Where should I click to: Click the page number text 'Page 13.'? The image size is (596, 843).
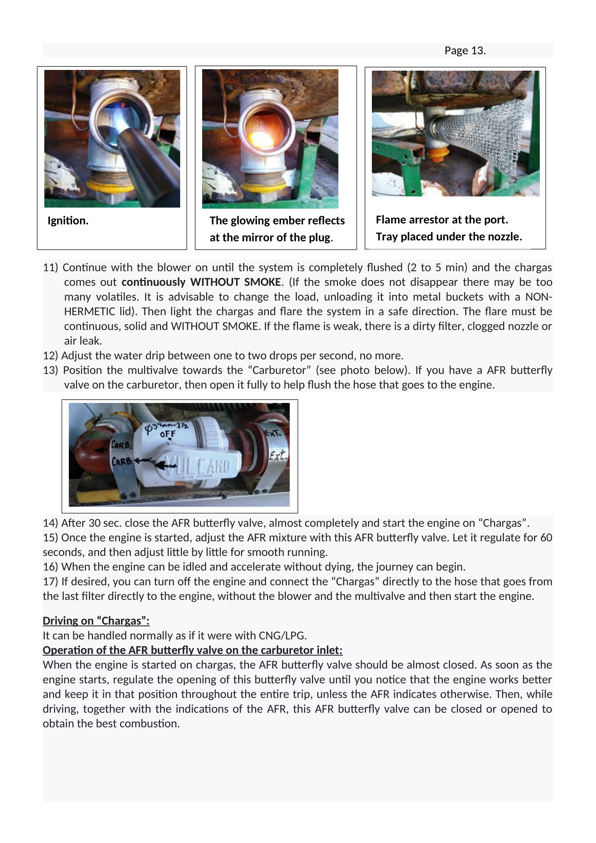pyautogui.click(x=465, y=50)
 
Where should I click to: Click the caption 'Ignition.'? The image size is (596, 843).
pyautogui.click(x=68, y=221)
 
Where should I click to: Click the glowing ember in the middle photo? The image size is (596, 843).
pyautogui.click(x=261, y=139)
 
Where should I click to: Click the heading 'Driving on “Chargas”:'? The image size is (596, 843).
pyautogui.click(x=96, y=621)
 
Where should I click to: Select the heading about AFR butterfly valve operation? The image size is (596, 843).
pyautogui.click(x=193, y=650)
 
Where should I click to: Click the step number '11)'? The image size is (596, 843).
pyautogui.click(x=50, y=267)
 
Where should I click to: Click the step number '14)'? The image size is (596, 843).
pyautogui.click(x=50, y=523)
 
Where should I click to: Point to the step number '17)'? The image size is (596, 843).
pyautogui.click(x=50, y=582)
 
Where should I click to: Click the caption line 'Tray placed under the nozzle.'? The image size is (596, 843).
pyautogui.click(x=449, y=237)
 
